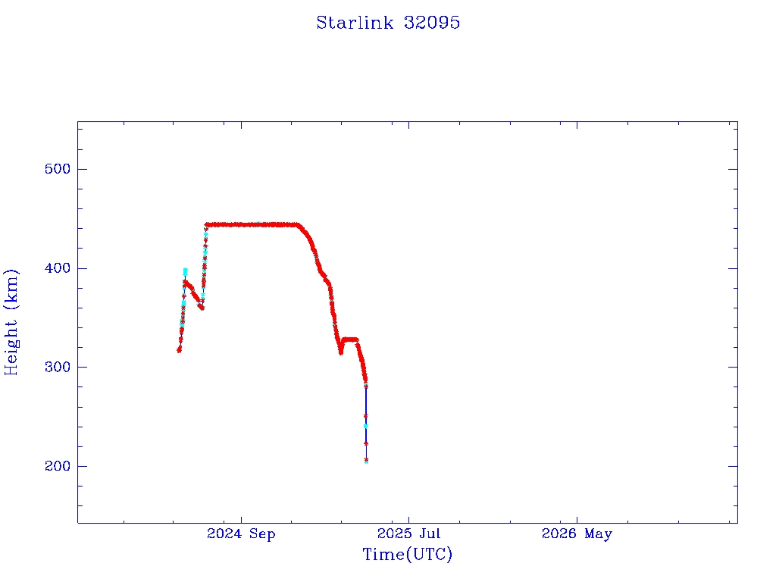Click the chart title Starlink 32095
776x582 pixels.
(388, 23)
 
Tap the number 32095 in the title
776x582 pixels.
(431, 23)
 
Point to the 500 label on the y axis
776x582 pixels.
(58, 169)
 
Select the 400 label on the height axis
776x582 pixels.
(58, 268)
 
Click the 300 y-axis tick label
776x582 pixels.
(58, 368)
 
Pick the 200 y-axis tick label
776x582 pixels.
(58, 466)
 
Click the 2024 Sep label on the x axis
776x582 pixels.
(241, 534)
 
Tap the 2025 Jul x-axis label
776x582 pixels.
(408, 533)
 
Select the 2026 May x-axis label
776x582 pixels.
(577, 534)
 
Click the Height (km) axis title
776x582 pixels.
(11, 323)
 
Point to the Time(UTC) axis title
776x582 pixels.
(407, 554)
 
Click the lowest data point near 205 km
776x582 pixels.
(366, 461)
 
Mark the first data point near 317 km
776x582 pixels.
(179, 350)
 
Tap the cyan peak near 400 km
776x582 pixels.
(185, 271)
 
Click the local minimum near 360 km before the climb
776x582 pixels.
(202, 308)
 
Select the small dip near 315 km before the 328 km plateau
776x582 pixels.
(341, 352)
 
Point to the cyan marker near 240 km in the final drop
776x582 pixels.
(366, 426)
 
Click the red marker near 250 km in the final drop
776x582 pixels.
(366, 416)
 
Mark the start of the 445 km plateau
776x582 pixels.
(207, 224)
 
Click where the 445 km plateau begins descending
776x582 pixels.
(299, 225)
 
